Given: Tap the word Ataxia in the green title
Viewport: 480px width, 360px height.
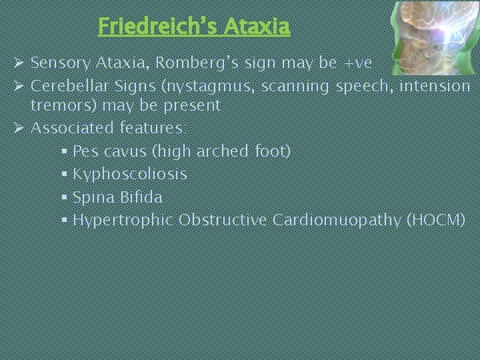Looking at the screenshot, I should coord(257,26).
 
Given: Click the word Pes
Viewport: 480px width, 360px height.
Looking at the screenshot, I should coord(85,151).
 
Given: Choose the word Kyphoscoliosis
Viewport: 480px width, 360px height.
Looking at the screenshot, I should coord(129,174).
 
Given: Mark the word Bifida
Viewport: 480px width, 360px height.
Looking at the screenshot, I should coord(143,197).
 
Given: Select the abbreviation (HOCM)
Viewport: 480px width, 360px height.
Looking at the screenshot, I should coord(435,220).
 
